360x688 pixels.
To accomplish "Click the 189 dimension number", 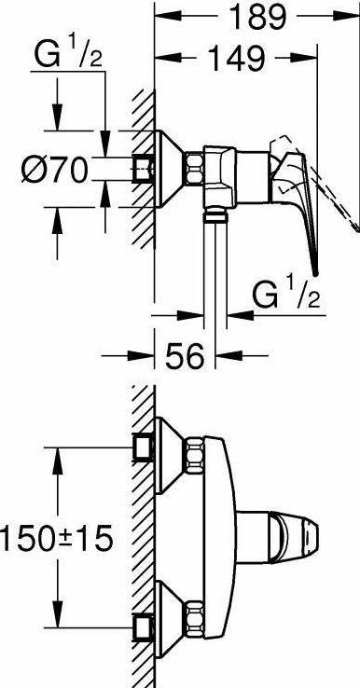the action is (x=258, y=16).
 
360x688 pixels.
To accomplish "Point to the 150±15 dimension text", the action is (x=56, y=539).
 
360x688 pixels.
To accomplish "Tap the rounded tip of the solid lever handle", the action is (x=315, y=272).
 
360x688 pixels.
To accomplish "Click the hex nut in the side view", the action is (x=193, y=169).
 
